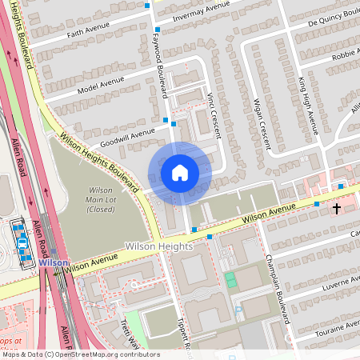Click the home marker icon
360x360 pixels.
coord(180,173)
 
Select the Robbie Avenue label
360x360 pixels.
coord(346,54)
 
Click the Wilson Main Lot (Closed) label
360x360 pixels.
coord(99,198)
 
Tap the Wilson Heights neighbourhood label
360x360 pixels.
coord(159,246)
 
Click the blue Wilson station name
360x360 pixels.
coord(53,262)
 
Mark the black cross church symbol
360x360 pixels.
coord(337,209)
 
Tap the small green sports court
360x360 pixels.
coord(231,280)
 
